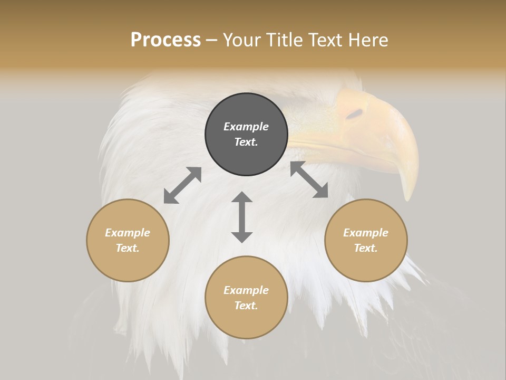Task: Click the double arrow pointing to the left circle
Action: coord(182,185)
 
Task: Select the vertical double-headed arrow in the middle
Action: coord(242,217)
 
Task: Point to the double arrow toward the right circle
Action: coord(309,179)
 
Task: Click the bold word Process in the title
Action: coord(166,40)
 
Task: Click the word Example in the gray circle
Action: coord(246,127)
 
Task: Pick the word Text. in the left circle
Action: coord(128,248)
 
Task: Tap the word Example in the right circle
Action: coord(366,233)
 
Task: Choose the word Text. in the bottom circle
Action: coord(246,306)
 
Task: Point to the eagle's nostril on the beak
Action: coord(355,113)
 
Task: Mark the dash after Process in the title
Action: coord(211,40)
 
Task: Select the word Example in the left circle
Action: coord(128,233)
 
